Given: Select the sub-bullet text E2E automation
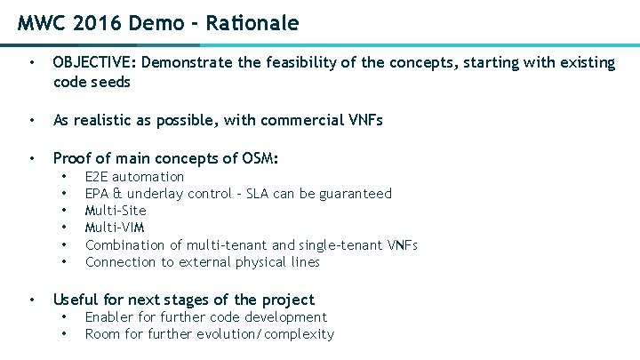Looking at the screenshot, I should [x=134, y=177].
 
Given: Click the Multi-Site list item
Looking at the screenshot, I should [x=116, y=211].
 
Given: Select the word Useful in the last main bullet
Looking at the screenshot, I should [x=76, y=300].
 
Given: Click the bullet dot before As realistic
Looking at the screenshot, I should [x=32, y=121].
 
